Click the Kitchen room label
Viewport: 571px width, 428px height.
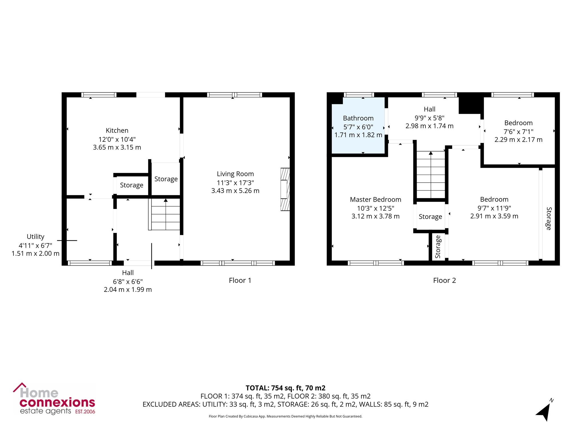point(117,130)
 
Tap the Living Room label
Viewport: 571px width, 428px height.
point(235,174)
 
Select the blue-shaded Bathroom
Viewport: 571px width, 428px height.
point(358,126)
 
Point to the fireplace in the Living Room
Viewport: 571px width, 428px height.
point(285,189)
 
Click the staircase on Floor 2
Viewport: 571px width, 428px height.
point(431,175)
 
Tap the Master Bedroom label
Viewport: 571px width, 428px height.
point(375,199)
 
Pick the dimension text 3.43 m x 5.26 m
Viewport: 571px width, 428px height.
point(235,191)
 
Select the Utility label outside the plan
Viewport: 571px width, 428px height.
point(35,237)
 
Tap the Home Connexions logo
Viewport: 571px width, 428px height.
point(54,399)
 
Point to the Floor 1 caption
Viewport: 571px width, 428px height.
point(240,280)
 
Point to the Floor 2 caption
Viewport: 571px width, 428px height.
point(445,280)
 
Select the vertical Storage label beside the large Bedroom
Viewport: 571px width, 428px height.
point(548,219)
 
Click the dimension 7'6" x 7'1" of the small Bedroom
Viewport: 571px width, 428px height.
point(518,132)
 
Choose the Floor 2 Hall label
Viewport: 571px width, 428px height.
point(429,109)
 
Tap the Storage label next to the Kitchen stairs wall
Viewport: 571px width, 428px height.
point(166,179)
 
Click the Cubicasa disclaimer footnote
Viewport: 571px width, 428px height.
point(285,416)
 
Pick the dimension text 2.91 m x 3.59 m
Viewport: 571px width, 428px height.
point(494,216)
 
